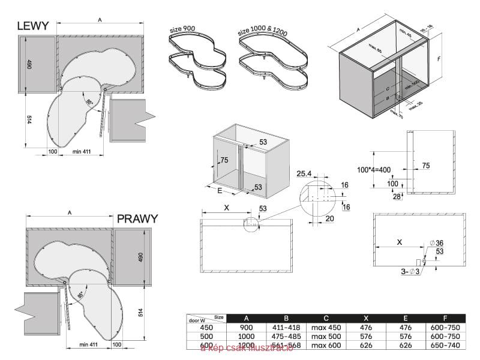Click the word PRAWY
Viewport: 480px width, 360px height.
coord(137,218)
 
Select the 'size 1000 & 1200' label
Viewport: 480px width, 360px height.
coord(262,31)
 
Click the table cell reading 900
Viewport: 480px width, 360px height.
coord(247,328)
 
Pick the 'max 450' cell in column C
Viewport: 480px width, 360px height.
coord(326,328)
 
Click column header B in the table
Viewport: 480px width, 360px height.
coord(286,318)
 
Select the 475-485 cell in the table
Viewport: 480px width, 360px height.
coord(286,337)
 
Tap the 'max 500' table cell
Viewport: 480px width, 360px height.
coord(326,337)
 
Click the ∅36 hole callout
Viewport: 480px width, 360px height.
coord(436,242)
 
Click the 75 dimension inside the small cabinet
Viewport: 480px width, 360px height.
coord(224,160)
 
